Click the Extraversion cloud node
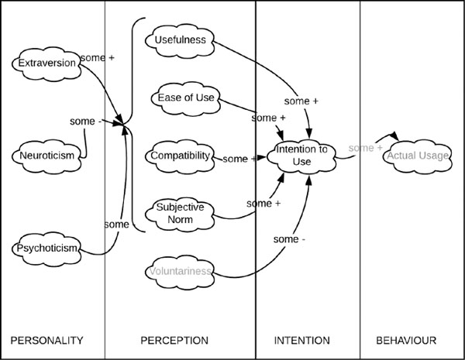click(x=46, y=63)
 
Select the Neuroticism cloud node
click(x=46, y=156)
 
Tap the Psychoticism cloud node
click(x=46, y=249)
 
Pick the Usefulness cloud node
click(x=180, y=40)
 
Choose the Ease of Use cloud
click(x=186, y=98)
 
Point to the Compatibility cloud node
click(x=180, y=156)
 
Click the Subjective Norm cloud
click(x=180, y=214)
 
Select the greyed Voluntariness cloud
click(x=180, y=272)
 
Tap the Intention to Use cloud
click(x=301, y=156)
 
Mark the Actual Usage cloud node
click(x=418, y=156)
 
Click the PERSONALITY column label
click(x=46, y=341)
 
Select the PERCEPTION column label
click(x=174, y=341)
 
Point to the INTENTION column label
click(x=302, y=341)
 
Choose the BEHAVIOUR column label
click(x=406, y=341)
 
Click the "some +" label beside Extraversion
click(x=98, y=58)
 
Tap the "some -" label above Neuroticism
click(x=86, y=122)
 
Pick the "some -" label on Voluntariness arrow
click(x=289, y=239)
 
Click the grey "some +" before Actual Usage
click(x=366, y=148)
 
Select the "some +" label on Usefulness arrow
click(x=301, y=101)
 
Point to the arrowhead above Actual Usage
click(x=394, y=135)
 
